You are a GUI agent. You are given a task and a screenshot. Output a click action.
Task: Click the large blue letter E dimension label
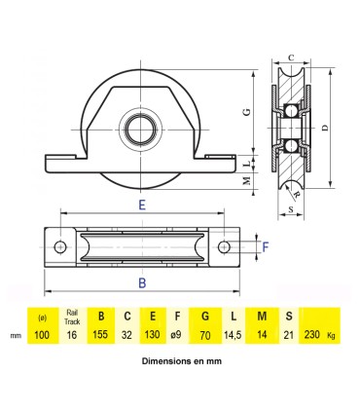coord(142,206)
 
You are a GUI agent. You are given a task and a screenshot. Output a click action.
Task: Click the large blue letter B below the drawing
coord(142,283)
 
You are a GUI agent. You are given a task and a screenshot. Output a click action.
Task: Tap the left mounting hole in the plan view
coord(61,247)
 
